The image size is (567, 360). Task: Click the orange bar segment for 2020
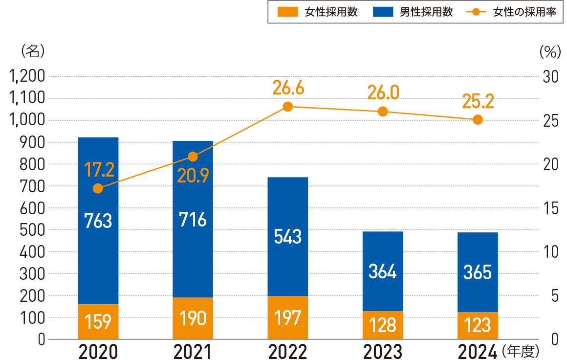(x=98, y=321)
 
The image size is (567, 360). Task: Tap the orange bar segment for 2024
(x=478, y=325)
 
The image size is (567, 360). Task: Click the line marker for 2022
(x=288, y=107)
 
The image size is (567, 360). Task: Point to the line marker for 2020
(x=98, y=188)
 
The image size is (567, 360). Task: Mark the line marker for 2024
(x=478, y=119)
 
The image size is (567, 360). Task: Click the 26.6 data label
(x=288, y=89)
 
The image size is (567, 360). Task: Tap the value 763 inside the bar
(x=98, y=221)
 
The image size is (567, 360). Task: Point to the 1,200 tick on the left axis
(x=27, y=76)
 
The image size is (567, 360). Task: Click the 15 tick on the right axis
(x=550, y=208)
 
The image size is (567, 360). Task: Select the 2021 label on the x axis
(x=193, y=351)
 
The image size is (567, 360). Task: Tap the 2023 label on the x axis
(x=383, y=351)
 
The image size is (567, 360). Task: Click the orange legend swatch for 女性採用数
(x=287, y=13)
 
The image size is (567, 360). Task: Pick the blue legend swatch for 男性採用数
(x=383, y=13)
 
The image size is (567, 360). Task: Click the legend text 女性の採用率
(x=524, y=13)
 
